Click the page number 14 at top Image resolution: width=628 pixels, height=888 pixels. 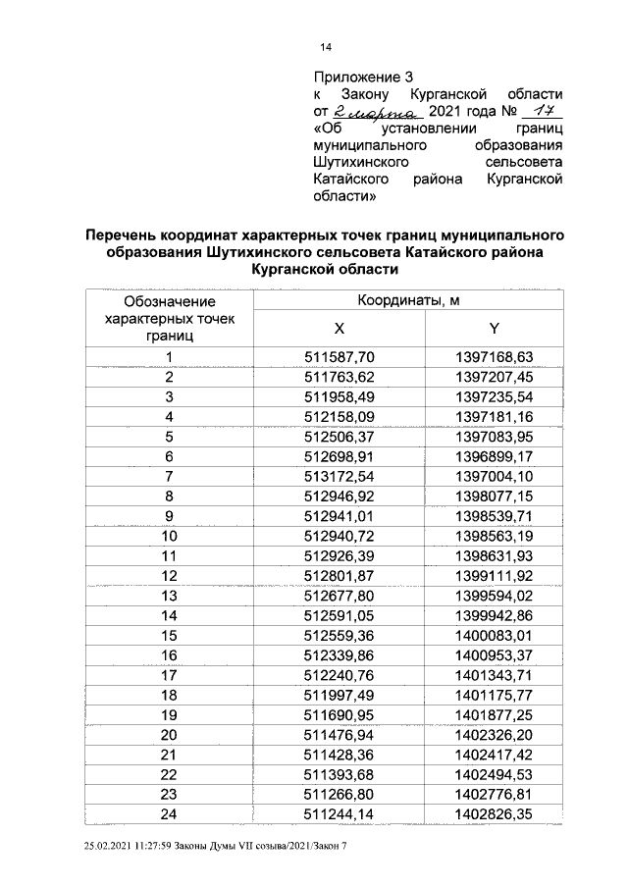point(325,47)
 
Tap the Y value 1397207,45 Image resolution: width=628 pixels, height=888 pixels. point(495,377)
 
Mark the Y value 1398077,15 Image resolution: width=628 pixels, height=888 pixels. point(495,496)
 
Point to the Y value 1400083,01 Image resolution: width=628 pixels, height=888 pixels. point(495,636)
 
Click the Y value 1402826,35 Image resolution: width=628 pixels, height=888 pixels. point(495,814)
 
